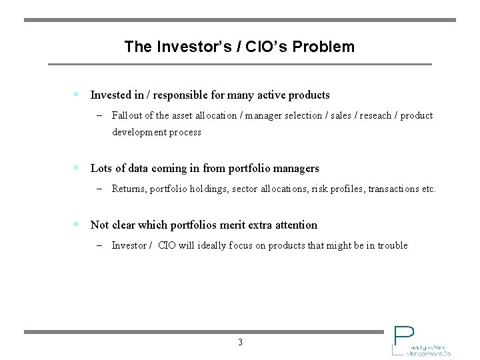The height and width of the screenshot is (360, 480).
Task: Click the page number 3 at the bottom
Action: [240, 343]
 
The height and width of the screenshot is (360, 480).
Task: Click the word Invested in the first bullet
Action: [111, 95]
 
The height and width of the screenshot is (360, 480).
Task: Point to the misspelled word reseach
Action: [376, 115]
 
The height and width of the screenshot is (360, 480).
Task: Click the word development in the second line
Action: [139, 132]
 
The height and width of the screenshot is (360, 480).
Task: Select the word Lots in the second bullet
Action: [101, 168]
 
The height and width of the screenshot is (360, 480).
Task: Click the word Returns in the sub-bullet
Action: [129, 189]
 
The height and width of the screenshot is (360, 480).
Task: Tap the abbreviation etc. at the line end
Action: [429, 189]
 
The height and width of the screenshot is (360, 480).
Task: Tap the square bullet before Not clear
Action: [77, 225]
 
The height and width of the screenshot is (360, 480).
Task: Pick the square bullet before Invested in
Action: [77, 95]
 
